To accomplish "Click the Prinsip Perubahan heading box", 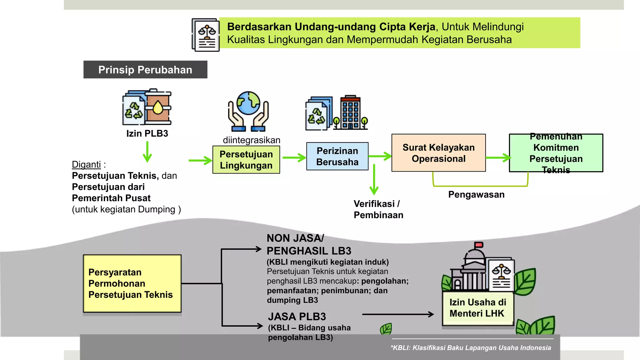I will click(145, 69).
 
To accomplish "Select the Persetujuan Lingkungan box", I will click(246, 160).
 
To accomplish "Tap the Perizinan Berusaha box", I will click(337, 156).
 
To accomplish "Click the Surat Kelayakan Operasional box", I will click(438, 153).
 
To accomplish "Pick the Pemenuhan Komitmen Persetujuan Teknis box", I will click(556, 153).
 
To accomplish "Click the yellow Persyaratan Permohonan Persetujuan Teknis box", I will click(132, 283).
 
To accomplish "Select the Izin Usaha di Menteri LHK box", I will click(478, 308).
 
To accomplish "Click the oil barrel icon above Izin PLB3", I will click(158, 107).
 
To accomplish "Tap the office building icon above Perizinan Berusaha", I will click(350, 112).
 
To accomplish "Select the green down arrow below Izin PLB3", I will click(147, 152).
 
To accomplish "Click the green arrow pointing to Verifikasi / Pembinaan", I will click(374, 180).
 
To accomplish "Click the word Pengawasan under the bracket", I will click(476, 194).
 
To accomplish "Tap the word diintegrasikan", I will click(252, 140).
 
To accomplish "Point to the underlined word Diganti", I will click(86, 164).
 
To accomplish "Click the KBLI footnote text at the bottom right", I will click(471, 348).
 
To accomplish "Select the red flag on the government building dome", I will click(479, 245).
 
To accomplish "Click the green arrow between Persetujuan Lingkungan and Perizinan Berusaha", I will click(294, 158).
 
